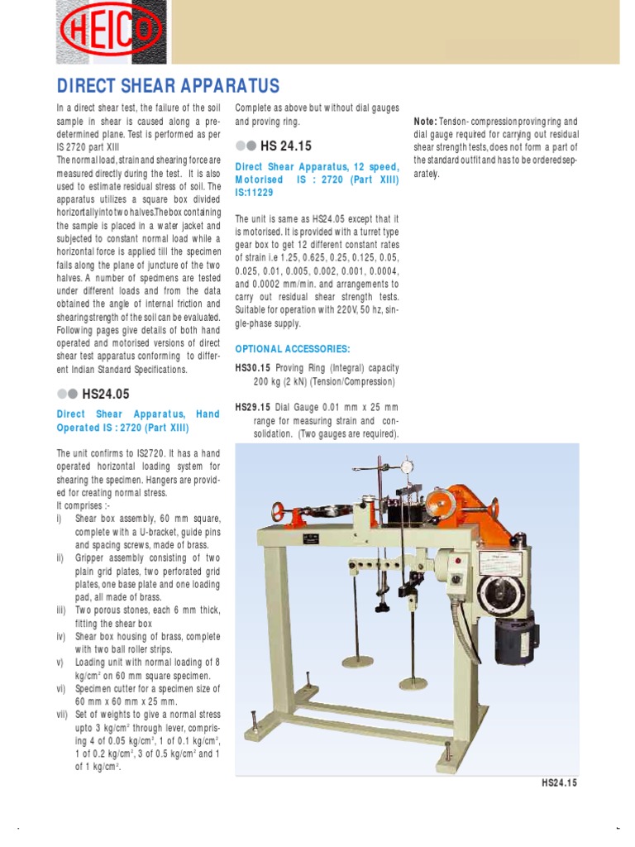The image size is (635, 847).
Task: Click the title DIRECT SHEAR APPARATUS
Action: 168,86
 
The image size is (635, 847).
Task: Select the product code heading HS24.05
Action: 105,394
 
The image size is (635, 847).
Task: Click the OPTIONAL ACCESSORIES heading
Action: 293,348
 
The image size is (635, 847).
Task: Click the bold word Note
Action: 425,121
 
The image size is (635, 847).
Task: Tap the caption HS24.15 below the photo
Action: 557,782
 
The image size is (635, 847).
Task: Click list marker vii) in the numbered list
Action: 64,715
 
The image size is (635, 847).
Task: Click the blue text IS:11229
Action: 254,192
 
